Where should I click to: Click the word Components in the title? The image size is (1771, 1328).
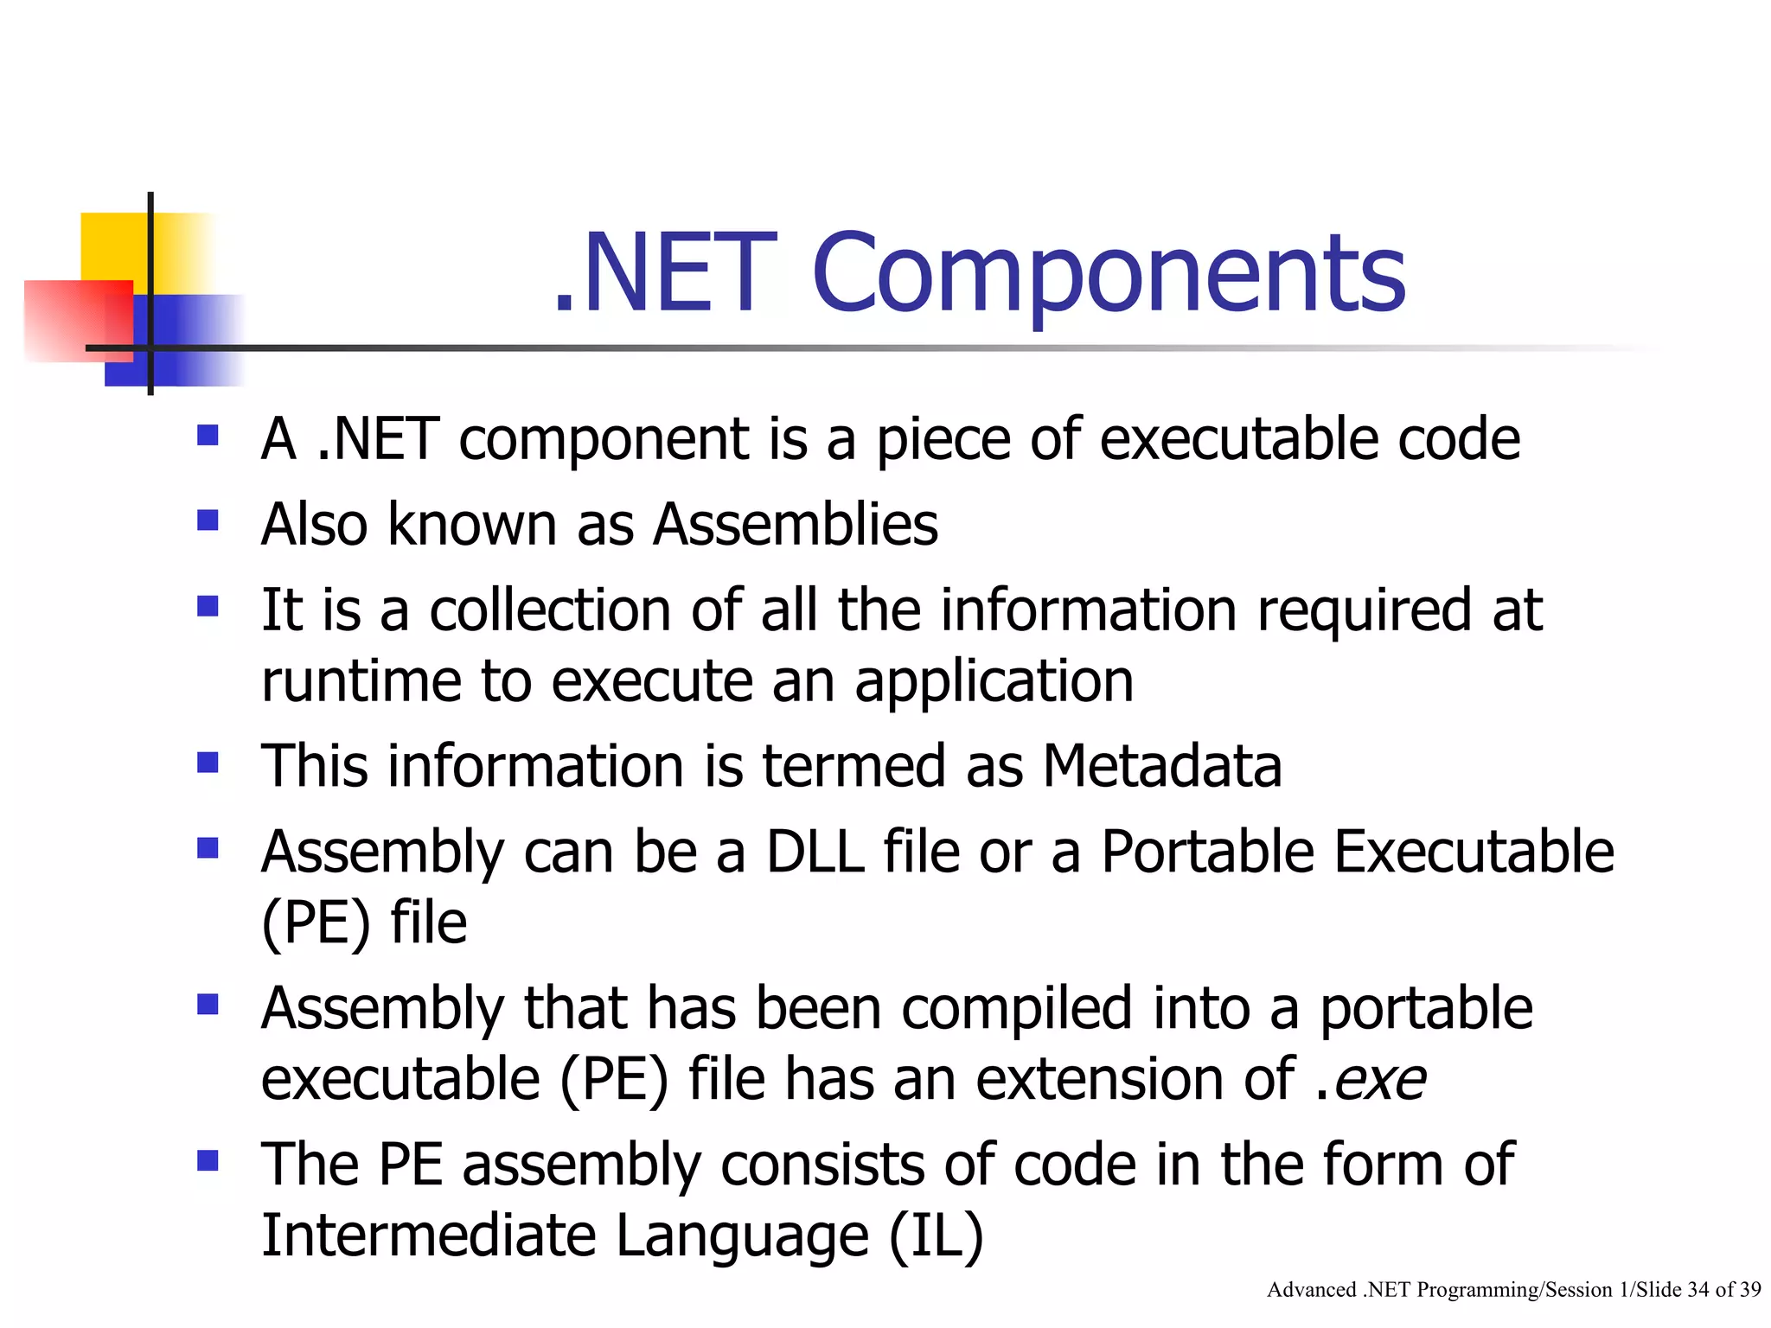click(x=1109, y=275)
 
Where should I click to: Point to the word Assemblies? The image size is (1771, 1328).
click(x=796, y=525)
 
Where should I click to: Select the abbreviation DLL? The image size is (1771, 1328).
click(x=815, y=852)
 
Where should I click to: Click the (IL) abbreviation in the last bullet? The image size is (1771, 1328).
click(x=937, y=1235)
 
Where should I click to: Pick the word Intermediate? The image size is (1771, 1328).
click(x=429, y=1235)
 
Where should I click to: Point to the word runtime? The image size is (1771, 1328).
click(x=361, y=682)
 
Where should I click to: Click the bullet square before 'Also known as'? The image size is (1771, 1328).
click(x=208, y=520)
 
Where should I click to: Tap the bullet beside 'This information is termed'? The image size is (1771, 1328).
click(x=208, y=763)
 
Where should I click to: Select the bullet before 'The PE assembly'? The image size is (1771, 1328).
click(x=208, y=1160)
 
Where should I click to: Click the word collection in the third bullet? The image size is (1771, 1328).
click(x=550, y=610)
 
